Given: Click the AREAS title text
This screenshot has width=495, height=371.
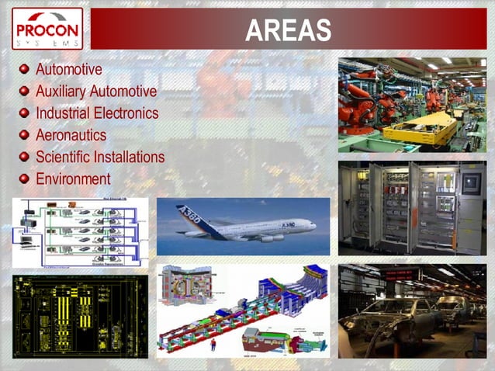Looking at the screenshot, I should click(288, 30).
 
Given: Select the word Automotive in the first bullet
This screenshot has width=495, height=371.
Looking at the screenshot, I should click(69, 70).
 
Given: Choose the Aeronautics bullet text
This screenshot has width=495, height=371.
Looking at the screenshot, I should click(71, 135).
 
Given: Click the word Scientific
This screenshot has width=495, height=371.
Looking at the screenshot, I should click(63, 157).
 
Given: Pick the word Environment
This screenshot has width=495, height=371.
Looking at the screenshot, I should click(73, 179).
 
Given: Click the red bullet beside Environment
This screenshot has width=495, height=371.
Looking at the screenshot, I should click(25, 179).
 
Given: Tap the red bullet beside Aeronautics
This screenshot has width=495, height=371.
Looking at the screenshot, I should click(25, 135).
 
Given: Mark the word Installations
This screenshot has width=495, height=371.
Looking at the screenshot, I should click(129, 157).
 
